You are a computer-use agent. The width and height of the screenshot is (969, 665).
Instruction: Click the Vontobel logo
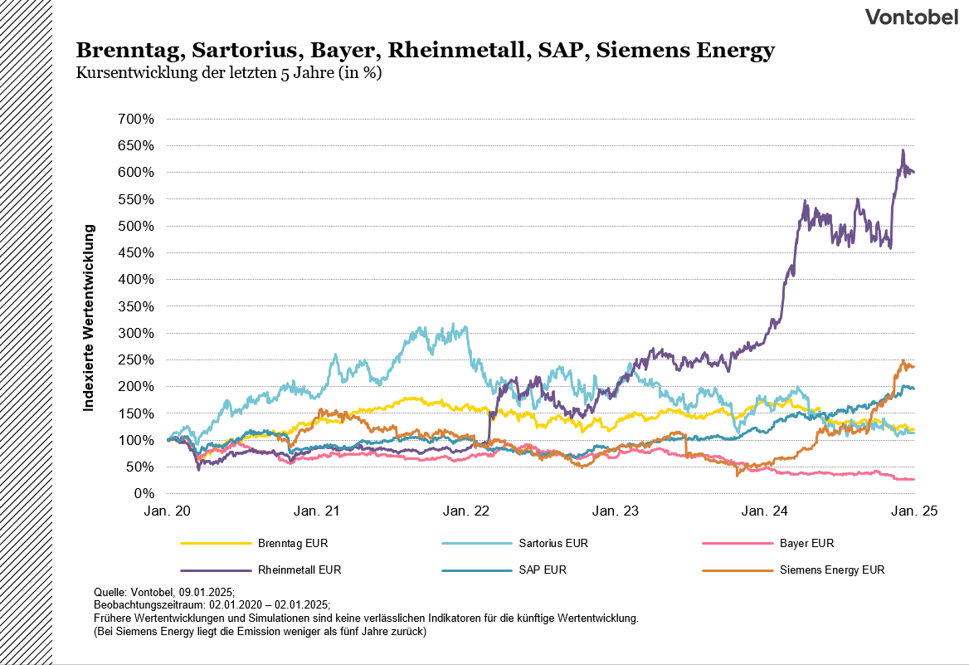point(911,17)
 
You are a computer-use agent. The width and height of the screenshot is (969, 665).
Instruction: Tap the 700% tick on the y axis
point(137,119)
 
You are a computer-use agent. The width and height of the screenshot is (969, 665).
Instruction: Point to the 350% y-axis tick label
point(137,306)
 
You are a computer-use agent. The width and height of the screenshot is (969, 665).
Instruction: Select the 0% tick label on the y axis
point(144,493)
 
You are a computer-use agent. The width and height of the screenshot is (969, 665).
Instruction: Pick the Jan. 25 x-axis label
point(915,511)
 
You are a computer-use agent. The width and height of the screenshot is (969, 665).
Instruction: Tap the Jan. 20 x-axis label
point(168,511)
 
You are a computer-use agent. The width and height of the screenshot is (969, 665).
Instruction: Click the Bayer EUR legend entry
point(806,544)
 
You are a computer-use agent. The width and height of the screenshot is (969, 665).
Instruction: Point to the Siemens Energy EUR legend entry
point(832,570)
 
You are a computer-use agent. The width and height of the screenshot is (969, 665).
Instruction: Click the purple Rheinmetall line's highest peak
point(903,150)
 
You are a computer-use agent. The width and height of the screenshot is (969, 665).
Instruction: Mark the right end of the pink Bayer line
point(913,479)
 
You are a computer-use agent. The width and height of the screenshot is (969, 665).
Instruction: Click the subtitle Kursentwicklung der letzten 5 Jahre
point(228,72)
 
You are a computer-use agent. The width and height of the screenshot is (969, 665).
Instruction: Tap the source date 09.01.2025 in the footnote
point(206,592)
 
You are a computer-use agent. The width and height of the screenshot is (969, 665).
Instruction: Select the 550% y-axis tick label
point(137,199)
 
